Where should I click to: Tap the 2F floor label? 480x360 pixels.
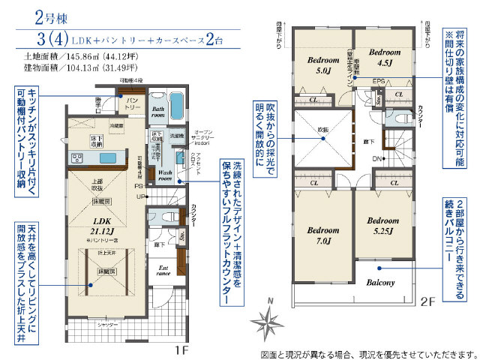429,304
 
